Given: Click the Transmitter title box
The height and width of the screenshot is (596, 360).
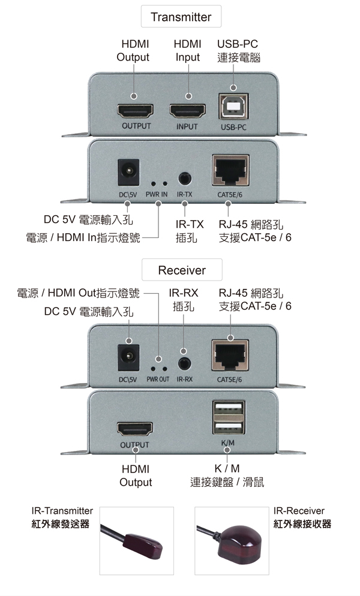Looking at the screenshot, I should (x=181, y=17).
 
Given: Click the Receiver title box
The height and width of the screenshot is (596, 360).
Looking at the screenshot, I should (x=182, y=270).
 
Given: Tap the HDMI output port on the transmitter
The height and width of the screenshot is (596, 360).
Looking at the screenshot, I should (x=134, y=111).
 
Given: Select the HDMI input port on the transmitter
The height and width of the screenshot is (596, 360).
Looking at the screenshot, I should (x=188, y=111).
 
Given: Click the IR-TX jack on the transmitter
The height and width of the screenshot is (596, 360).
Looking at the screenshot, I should (x=184, y=178).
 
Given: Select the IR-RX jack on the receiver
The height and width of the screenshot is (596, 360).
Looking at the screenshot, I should (x=184, y=363).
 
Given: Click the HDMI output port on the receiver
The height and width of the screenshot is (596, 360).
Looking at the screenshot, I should (x=134, y=429).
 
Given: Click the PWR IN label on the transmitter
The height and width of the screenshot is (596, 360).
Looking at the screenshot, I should (x=156, y=195).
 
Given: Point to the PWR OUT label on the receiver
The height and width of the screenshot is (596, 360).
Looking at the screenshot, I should (x=158, y=379).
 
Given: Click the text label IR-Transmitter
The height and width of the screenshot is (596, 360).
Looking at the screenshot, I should (x=62, y=511).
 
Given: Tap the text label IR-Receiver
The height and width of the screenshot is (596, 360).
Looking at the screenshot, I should (x=298, y=511).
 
